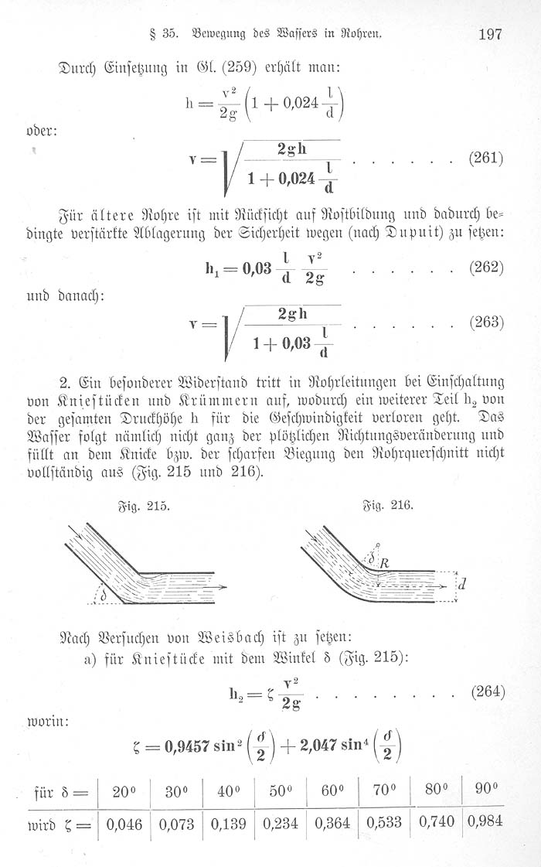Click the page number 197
click(492, 33)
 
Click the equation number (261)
click(487, 159)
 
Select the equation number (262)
click(487, 268)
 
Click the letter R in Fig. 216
click(383, 563)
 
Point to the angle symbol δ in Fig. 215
click(104, 596)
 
